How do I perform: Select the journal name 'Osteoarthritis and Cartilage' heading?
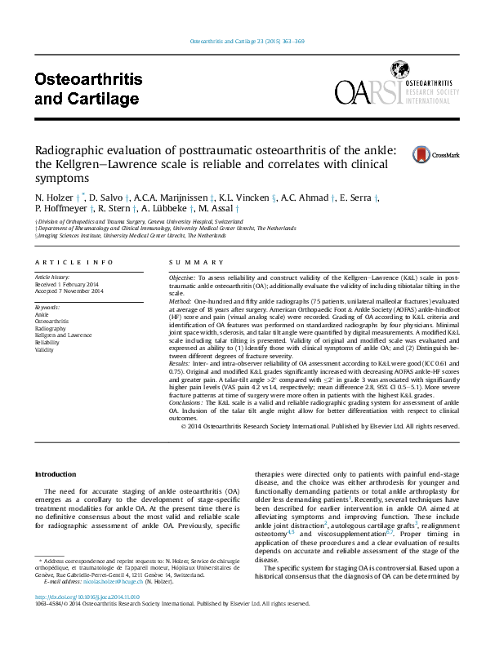(88, 89)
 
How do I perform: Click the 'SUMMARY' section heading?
(189, 262)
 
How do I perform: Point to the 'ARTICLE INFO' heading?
(74, 262)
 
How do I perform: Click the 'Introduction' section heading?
(56, 474)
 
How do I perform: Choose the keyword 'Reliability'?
(47, 342)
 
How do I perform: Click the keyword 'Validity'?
(44, 349)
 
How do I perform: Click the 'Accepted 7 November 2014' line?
(67, 291)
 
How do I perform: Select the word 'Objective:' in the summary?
(181, 278)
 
